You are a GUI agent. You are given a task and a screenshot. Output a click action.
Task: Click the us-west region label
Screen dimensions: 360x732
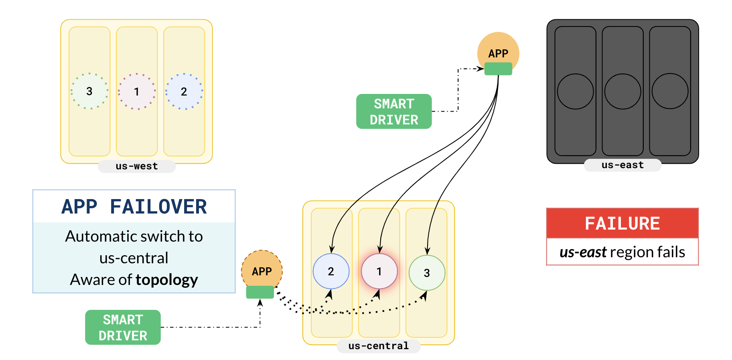tap(136, 166)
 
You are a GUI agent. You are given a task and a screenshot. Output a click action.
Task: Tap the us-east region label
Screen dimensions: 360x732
tap(622, 165)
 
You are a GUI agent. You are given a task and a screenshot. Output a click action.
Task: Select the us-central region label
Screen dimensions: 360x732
tap(378, 346)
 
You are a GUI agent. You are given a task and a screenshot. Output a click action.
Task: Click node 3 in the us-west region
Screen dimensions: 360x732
tap(89, 91)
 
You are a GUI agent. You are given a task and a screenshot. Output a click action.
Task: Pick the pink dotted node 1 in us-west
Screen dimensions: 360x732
tap(137, 92)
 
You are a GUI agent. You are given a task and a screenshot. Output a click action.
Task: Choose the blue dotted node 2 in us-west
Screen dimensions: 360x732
tap(184, 92)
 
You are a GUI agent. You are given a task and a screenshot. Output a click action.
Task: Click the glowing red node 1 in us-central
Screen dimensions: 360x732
tap(379, 271)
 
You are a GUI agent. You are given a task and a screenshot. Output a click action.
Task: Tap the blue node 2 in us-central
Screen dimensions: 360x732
tap(331, 271)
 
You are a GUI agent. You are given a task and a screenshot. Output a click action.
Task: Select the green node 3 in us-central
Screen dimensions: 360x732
tap(427, 273)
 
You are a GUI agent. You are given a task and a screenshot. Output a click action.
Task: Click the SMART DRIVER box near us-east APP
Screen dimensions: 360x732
tap(394, 112)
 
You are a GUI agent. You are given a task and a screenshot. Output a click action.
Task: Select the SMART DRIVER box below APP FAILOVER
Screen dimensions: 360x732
tap(123, 327)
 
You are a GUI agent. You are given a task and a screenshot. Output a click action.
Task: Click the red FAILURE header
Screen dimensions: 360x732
tap(622, 223)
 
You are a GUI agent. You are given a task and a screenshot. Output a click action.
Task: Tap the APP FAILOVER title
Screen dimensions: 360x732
tap(134, 207)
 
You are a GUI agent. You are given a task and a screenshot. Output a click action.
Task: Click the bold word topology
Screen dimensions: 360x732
tap(167, 279)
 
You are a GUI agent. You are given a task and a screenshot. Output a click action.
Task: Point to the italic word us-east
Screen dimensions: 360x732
tap(583, 252)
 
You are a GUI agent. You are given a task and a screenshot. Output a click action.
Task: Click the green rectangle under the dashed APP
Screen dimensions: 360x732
tap(260, 292)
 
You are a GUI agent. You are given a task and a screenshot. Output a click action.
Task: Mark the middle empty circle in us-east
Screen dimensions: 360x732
tap(623, 92)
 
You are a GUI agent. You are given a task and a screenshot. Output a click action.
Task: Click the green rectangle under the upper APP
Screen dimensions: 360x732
tap(498, 69)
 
